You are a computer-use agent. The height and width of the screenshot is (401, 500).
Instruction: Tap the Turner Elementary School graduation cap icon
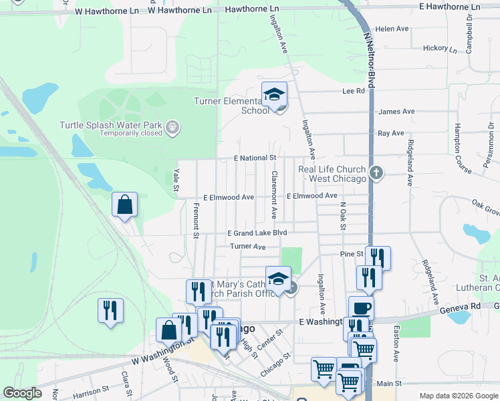(274, 96)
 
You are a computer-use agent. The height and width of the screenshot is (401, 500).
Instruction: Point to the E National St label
(255, 158)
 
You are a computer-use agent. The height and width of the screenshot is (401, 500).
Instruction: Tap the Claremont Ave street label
(274, 194)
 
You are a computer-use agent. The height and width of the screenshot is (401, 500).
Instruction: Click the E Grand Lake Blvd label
(257, 233)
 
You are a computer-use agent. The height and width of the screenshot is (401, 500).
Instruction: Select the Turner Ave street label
(247, 247)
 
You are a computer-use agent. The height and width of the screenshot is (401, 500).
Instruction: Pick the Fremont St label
(196, 223)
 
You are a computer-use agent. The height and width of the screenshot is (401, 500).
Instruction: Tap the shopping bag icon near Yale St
(125, 205)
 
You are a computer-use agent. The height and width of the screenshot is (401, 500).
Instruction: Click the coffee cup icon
(361, 308)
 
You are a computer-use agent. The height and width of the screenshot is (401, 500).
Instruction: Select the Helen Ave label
(392, 29)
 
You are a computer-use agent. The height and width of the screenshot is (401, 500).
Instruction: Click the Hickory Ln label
(440, 49)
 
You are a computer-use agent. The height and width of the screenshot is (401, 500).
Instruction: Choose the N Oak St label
(343, 217)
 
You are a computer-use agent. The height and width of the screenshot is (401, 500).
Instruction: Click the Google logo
(23, 393)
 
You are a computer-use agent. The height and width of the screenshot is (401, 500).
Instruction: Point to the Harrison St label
(86, 389)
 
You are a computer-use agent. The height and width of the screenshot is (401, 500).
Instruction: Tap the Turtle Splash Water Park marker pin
(172, 126)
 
